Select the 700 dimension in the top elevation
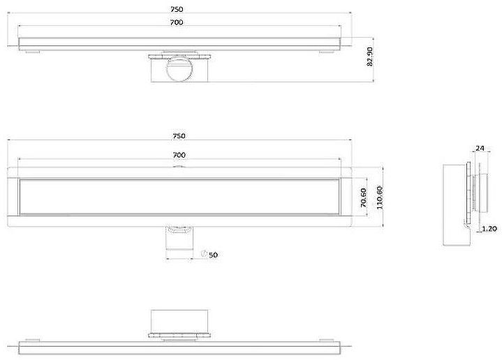coord(177,23)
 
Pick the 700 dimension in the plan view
coord(178,153)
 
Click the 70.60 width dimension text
coord(363,198)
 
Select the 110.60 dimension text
coord(380,198)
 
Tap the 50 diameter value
coord(214,255)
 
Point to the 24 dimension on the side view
coord(480,148)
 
